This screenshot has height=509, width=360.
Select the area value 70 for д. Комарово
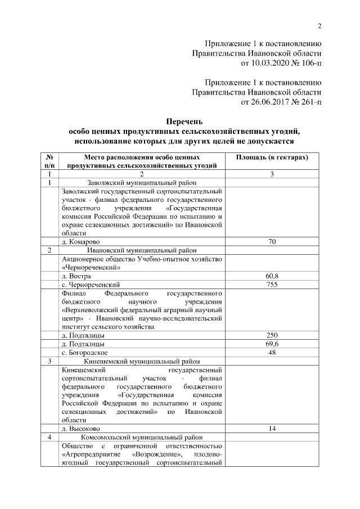[x=272, y=241]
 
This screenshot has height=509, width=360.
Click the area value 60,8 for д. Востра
[x=272, y=276]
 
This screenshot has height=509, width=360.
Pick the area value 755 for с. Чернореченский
[x=272, y=285]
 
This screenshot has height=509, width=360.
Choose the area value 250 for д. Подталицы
[x=272, y=336]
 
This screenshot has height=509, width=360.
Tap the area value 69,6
[x=272, y=344]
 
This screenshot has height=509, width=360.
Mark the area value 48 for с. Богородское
[x=272, y=352]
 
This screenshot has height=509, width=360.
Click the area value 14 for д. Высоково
[x=272, y=429]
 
